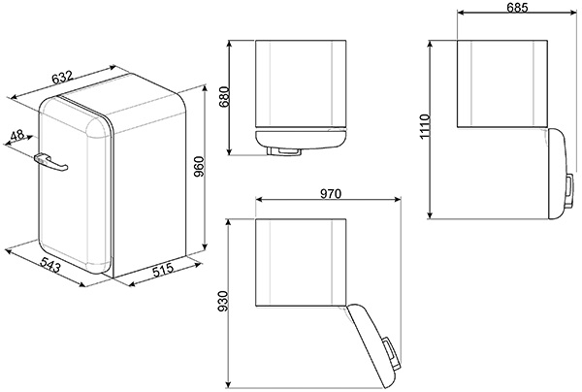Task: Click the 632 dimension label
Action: click(x=62, y=78)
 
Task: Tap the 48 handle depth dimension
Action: click(x=17, y=135)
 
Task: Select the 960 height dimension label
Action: click(x=199, y=166)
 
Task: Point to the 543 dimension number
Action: click(x=50, y=265)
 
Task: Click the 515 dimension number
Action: click(x=163, y=269)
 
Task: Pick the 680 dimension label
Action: click(x=224, y=97)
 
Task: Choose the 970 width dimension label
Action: click(x=330, y=193)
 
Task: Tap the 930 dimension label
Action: click(x=224, y=301)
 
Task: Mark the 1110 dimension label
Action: click(x=424, y=126)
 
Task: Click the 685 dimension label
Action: click(x=517, y=8)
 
